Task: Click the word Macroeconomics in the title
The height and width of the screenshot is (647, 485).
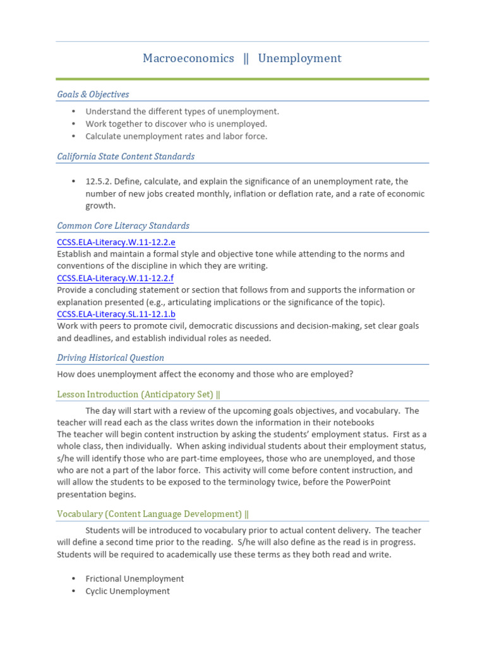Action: click(x=188, y=59)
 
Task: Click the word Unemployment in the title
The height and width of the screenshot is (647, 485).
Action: click(x=299, y=59)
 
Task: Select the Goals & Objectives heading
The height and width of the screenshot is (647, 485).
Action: click(x=93, y=95)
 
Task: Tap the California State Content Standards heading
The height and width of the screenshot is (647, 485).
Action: click(x=126, y=157)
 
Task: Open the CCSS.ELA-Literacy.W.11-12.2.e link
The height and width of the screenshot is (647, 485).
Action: click(x=116, y=242)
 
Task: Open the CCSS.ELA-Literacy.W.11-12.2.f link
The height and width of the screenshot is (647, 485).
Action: click(x=116, y=278)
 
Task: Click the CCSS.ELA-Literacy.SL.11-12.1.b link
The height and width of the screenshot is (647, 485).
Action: click(x=116, y=314)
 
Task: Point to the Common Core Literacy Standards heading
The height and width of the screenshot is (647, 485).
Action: click(x=123, y=226)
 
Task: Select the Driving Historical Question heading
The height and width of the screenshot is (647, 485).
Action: click(x=111, y=358)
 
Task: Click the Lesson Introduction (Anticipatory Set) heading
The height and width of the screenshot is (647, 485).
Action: click(x=138, y=395)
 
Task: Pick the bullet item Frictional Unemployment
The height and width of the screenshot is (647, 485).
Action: click(x=135, y=579)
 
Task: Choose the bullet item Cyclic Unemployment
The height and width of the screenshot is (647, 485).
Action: click(x=128, y=591)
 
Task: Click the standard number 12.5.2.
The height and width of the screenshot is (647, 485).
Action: click(x=97, y=182)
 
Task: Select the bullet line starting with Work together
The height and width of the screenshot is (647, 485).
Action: click(x=176, y=124)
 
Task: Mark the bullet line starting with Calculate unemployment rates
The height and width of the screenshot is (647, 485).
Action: click(x=176, y=136)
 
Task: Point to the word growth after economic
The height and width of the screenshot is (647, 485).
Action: click(x=100, y=206)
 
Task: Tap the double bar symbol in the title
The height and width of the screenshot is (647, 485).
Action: click(x=246, y=59)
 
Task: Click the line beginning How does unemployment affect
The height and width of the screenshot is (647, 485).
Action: click(x=205, y=375)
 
